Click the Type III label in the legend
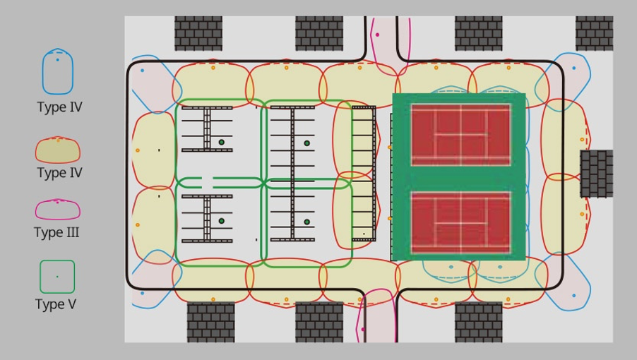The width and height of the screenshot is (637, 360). [56, 232]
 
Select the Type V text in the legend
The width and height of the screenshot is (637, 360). [56, 304]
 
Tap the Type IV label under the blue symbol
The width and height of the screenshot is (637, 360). [60, 107]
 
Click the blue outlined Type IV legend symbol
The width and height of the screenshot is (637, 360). [58, 71]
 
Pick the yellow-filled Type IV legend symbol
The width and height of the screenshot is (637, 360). [58, 150]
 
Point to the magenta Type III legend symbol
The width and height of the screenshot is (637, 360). [58, 210]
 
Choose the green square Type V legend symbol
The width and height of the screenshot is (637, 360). [57, 277]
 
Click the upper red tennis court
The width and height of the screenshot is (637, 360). [460, 135]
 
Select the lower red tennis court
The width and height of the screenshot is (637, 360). [460, 223]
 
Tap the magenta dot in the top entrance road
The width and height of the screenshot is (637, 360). [377, 35]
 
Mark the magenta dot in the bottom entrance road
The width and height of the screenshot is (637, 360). [363, 329]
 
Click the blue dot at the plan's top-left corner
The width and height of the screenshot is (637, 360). [142, 71]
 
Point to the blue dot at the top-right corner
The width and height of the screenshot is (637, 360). [574, 68]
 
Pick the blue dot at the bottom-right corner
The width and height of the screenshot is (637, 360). [574, 296]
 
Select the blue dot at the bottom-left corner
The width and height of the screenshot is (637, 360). [142, 293]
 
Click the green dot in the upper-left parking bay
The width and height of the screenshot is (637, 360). [222, 142]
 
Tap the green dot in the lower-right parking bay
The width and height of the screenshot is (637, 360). [306, 222]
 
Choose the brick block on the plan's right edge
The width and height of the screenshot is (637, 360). [596, 174]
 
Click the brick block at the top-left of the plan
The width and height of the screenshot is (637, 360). [198, 33]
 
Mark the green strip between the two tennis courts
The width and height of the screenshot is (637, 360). [460, 179]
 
